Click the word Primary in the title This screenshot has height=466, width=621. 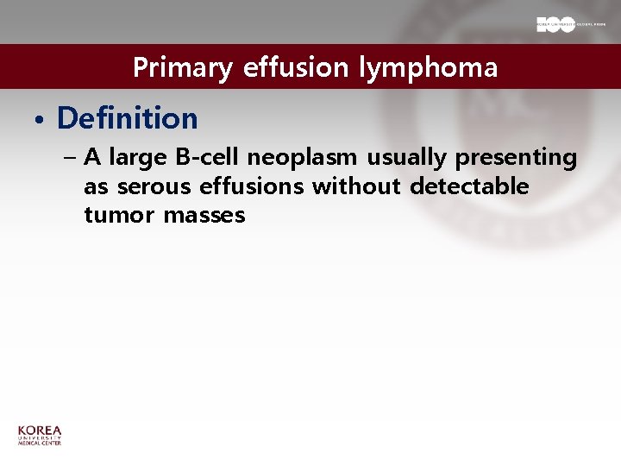pos(182,68)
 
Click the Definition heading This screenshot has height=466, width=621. pos(127,118)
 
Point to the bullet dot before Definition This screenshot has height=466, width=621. pos(40,119)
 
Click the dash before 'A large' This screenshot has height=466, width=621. pos(70,159)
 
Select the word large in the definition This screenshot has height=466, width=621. pos(134,159)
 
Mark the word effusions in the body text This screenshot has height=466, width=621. pos(252,186)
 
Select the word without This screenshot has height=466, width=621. pos(356,186)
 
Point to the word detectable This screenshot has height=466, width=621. pos(469,186)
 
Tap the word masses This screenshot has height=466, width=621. pos(204,215)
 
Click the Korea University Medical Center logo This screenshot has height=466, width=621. pos(40,435)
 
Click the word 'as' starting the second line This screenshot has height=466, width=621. pos(97,187)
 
